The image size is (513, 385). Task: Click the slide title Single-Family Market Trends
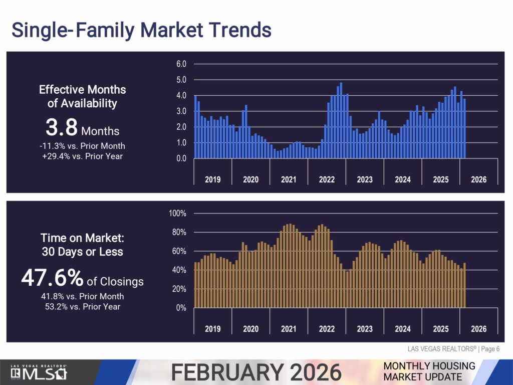141,30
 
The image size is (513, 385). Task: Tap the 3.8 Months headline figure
82,129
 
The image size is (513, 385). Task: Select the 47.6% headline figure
82,278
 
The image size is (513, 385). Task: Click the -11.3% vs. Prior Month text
83,146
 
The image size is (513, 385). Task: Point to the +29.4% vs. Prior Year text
83,156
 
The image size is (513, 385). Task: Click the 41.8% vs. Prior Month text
83,296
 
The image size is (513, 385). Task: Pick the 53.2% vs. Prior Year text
83,306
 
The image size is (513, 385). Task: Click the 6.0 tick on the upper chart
181,64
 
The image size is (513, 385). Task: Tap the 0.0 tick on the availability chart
181,159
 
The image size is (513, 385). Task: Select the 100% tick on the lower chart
178,214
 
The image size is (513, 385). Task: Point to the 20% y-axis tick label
180,289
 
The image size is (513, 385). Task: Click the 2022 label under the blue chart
327,179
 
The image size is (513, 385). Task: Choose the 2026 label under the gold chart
478,329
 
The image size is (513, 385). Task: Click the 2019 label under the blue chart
212,179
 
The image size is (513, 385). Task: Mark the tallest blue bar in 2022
341,120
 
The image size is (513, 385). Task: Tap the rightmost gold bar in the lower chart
464,285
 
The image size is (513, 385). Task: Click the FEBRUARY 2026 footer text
256,372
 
